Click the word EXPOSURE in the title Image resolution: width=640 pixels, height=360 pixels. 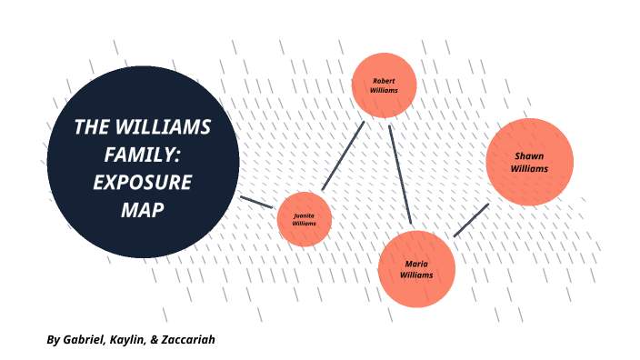[143, 182]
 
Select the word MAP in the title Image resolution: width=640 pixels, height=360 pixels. [142, 209]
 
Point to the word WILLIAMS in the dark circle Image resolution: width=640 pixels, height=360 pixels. [174, 127]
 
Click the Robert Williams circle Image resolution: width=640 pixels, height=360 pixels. [384, 85]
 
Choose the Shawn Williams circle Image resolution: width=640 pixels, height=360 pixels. [529, 162]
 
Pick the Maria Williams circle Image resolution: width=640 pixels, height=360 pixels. [415, 269]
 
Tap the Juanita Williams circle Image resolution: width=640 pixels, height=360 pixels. [304, 219]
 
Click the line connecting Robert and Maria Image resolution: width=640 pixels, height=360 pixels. [400, 174]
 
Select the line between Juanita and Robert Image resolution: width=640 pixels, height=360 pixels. [343, 155]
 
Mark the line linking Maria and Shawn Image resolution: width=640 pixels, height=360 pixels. [471, 220]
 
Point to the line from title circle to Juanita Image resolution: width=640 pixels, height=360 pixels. [255, 201]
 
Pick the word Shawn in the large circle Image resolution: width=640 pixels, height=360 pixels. [529, 155]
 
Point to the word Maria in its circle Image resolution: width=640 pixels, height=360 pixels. [415, 264]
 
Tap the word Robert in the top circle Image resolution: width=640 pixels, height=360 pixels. [384, 80]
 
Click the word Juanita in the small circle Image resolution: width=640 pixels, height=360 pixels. [304, 215]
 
